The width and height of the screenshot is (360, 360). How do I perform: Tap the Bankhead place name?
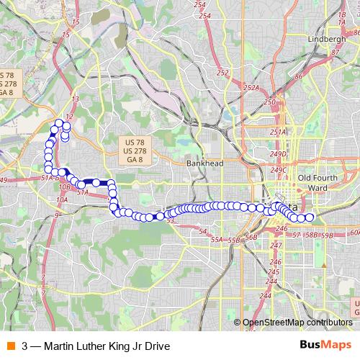205,163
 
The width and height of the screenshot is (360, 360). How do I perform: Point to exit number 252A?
251,88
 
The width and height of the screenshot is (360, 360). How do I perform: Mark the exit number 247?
276,246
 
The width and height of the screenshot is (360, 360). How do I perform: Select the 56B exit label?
251,237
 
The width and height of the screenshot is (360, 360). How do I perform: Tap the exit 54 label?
203,230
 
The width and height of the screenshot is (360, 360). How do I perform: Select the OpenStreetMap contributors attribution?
297,322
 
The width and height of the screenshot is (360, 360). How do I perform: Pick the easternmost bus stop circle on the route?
310,217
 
